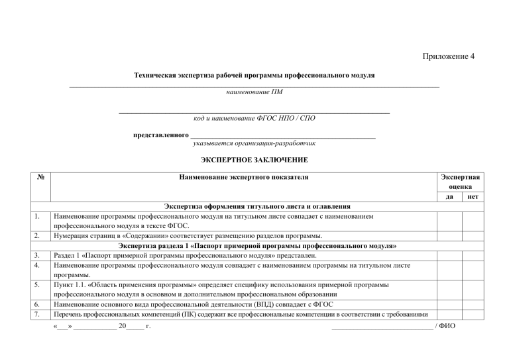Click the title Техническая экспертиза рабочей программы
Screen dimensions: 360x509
coord(254,76)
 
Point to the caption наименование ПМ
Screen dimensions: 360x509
coord(254,91)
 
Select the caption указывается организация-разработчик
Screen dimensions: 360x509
coord(254,143)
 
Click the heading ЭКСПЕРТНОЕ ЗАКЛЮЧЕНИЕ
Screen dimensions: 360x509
coord(254,160)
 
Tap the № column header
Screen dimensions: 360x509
coord(41,178)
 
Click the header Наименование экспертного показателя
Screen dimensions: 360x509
coord(244,178)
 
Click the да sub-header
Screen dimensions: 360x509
coord(449,197)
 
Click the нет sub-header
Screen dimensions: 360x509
coord(473,197)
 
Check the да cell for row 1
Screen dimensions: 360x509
coord(449,221)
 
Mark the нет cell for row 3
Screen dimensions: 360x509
coord(473,255)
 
